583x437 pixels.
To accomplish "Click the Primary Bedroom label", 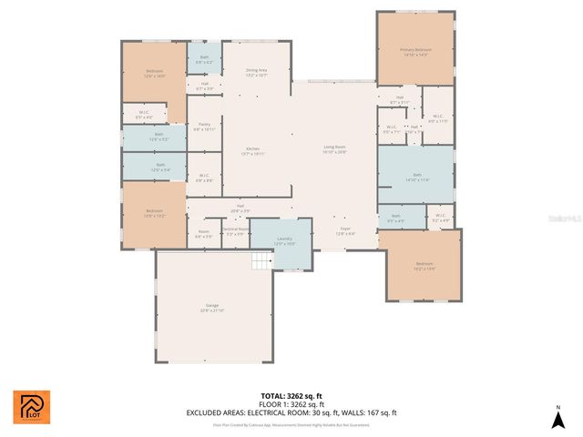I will coord(415,52).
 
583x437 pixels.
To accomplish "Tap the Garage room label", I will coord(212,308).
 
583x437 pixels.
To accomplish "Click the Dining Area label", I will coord(256,72).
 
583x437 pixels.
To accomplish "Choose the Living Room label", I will coord(335,148).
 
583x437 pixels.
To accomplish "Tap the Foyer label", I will coord(345,231).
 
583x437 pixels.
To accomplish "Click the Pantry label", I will coord(204,127).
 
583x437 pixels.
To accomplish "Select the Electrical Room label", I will coord(235,231).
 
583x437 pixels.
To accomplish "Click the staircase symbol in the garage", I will coord(261,262).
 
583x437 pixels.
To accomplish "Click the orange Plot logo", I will coord(31,407).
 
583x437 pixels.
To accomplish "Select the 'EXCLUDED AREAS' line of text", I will coord(291,412).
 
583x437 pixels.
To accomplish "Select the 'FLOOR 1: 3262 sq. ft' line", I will coord(291,405).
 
